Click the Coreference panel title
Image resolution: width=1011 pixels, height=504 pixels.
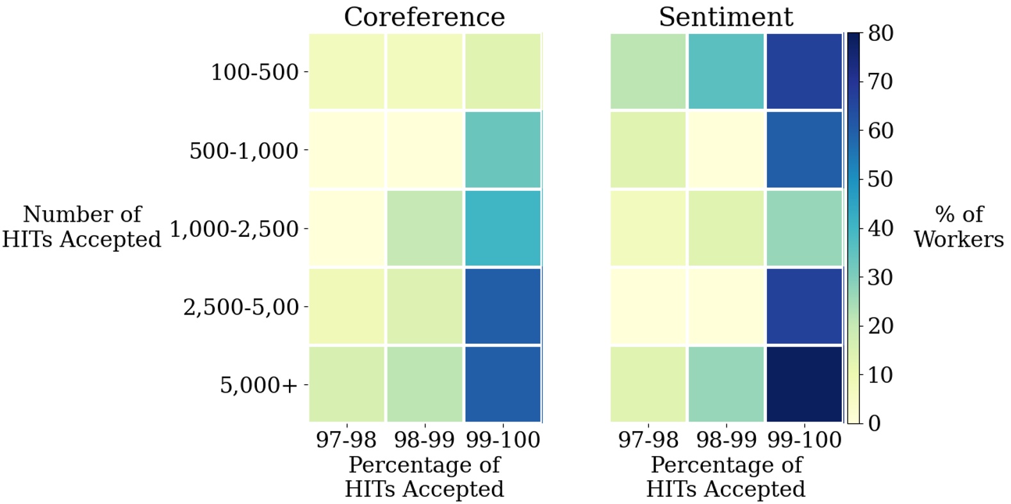pyautogui.click(x=424, y=17)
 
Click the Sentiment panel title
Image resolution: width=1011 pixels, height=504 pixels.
pyautogui.click(x=725, y=17)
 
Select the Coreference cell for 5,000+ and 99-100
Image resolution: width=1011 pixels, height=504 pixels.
pyautogui.click(x=502, y=384)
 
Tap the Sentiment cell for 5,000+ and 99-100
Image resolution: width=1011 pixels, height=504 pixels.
pyautogui.click(x=803, y=384)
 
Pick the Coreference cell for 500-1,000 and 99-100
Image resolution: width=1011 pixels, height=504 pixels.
pyautogui.click(x=502, y=150)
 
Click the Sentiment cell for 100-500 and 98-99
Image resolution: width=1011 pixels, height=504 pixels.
pyautogui.click(x=726, y=72)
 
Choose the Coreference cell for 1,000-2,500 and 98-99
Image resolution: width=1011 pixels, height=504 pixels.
pyautogui.click(x=424, y=228)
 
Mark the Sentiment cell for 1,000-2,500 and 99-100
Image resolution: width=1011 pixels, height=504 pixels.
pyautogui.click(x=803, y=228)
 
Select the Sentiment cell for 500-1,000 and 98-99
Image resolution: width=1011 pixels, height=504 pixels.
pyautogui.click(x=726, y=150)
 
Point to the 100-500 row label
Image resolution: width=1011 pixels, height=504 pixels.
pyautogui.click(x=254, y=72)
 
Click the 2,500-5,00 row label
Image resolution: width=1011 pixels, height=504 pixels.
pyautogui.click(x=241, y=307)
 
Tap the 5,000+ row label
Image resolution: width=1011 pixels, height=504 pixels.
pyautogui.click(x=259, y=386)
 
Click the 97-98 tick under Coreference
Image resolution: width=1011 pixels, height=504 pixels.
pyautogui.click(x=347, y=440)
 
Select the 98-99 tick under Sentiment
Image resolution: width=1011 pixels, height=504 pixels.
pyautogui.click(x=726, y=440)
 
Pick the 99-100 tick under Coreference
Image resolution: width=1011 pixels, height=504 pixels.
pyautogui.click(x=503, y=440)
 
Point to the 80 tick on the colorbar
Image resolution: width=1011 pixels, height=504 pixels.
pyautogui.click(x=880, y=33)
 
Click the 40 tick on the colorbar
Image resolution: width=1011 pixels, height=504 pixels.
pyautogui.click(x=880, y=228)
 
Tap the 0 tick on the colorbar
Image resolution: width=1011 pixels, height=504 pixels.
pyautogui.click(x=874, y=423)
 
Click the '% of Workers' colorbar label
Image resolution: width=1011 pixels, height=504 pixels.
pyautogui.click(x=958, y=227)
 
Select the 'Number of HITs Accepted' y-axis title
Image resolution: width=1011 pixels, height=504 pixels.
pyautogui.click(x=81, y=227)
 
